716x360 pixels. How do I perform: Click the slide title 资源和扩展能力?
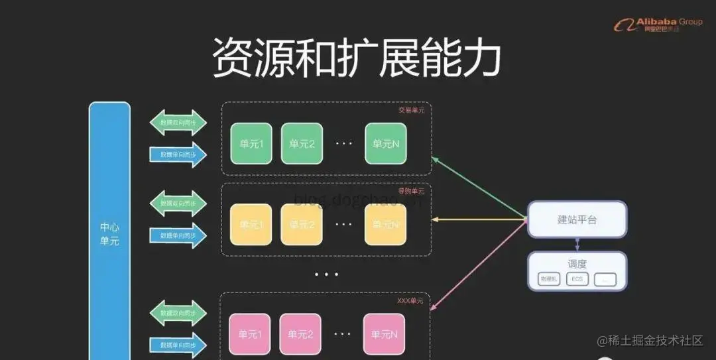click(x=356, y=58)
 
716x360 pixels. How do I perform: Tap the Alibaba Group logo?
click(x=658, y=25)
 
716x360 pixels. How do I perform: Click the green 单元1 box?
click(x=251, y=143)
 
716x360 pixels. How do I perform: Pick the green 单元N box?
click(x=385, y=143)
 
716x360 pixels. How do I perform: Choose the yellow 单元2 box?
click(x=302, y=224)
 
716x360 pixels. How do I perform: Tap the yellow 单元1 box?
click(x=251, y=224)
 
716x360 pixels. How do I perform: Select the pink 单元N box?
click(x=384, y=334)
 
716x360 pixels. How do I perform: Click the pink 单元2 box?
click(x=300, y=334)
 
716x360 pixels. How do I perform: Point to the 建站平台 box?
click(x=577, y=219)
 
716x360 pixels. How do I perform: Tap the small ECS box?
click(x=577, y=279)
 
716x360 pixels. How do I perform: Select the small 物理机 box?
click(x=550, y=279)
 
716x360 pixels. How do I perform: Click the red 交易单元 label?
click(x=411, y=110)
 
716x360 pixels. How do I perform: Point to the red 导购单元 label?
click(x=411, y=192)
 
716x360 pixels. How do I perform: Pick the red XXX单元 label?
click(x=410, y=301)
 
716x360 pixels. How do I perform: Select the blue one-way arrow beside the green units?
click(x=178, y=154)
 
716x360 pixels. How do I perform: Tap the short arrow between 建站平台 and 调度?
click(x=577, y=244)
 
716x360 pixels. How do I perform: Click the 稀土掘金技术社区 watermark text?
click(x=656, y=341)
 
